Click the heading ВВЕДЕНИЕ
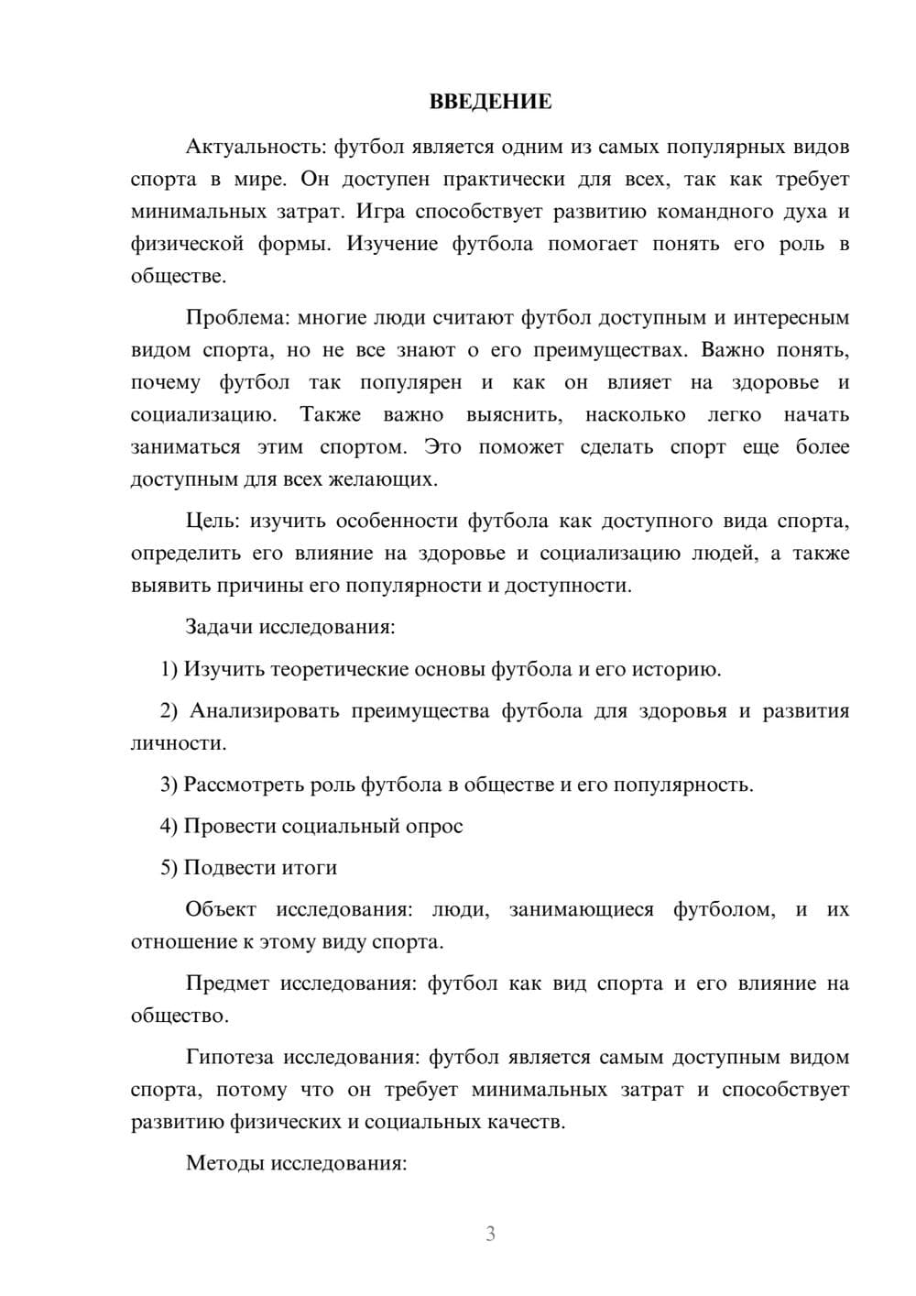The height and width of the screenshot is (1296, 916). [x=491, y=102]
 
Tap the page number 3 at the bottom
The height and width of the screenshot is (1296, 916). [x=490, y=1234]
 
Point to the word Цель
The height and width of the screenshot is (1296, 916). [x=212, y=522]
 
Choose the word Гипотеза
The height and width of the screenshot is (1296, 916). [x=229, y=1058]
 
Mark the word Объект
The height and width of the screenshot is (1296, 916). [x=220, y=910]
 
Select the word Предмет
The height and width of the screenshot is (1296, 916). [x=227, y=984]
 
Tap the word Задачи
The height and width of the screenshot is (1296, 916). [x=219, y=628]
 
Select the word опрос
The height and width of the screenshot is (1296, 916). [x=434, y=827]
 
